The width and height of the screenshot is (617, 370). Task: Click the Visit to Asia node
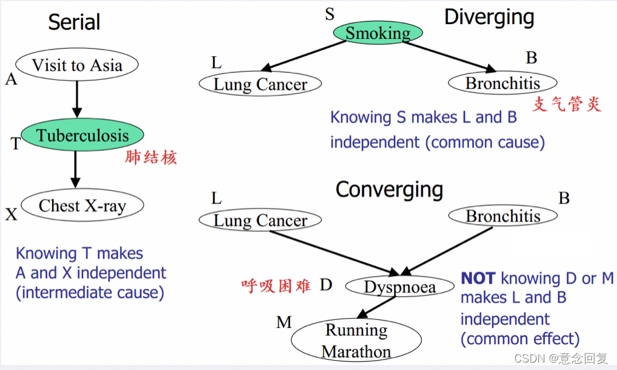coord(77,65)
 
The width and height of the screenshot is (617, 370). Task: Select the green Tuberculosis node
coord(82,136)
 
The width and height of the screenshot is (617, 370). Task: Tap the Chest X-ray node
coord(82,205)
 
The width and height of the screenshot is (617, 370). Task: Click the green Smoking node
coord(378,33)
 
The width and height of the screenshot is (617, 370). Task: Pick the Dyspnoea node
coord(400,286)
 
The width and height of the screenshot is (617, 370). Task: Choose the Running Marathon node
coord(356,340)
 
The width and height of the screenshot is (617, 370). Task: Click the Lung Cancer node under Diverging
coord(261,84)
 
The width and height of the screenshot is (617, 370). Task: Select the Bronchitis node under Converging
coord(502,216)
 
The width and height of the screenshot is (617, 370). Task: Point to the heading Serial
coord(74,22)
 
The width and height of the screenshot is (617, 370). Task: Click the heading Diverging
coord(489,17)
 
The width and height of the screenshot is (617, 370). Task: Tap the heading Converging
coord(389,189)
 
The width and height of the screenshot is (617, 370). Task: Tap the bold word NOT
coord(478,278)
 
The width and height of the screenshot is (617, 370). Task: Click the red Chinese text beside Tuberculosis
coord(151,157)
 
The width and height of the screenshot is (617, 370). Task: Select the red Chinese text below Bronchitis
coord(567,104)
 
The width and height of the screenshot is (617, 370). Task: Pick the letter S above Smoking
coord(330,14)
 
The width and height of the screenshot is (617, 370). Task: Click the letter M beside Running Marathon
coord(284,322)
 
